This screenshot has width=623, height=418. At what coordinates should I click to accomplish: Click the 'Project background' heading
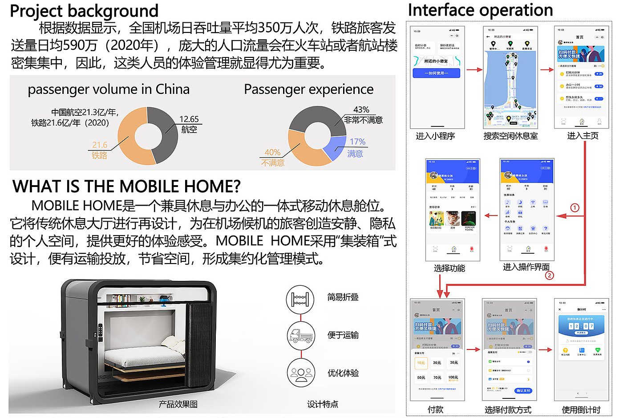pos(84,11)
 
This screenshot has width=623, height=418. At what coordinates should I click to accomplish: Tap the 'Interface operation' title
pos(480,10)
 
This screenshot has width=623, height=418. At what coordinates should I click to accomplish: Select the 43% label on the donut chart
pos(361,110)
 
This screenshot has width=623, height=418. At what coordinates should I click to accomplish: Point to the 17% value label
pos(357,142)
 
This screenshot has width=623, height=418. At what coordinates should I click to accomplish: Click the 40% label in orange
pos(272,152)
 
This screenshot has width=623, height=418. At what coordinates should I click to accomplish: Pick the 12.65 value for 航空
pos(189,119)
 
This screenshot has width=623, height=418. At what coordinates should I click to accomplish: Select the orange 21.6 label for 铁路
pos(100,145)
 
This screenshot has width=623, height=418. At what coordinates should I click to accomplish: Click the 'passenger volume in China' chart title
pos(109,89)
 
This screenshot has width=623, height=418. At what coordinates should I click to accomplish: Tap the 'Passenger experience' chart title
pos(308,89)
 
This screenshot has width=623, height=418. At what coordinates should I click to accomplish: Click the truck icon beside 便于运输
pos(301,335)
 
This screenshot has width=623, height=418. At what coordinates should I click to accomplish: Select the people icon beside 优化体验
pos(301,373)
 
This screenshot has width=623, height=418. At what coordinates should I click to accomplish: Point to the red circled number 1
pos(574,207)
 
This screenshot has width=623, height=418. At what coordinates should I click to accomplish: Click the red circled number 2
pos(550,276)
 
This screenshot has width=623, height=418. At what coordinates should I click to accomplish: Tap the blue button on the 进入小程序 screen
pos(436,73)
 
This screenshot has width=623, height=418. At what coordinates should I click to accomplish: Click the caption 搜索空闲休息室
pos(510,136)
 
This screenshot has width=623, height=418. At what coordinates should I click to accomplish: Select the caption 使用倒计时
pos(581,410)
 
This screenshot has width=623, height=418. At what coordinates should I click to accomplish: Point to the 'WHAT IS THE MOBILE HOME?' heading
pos(126,186)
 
